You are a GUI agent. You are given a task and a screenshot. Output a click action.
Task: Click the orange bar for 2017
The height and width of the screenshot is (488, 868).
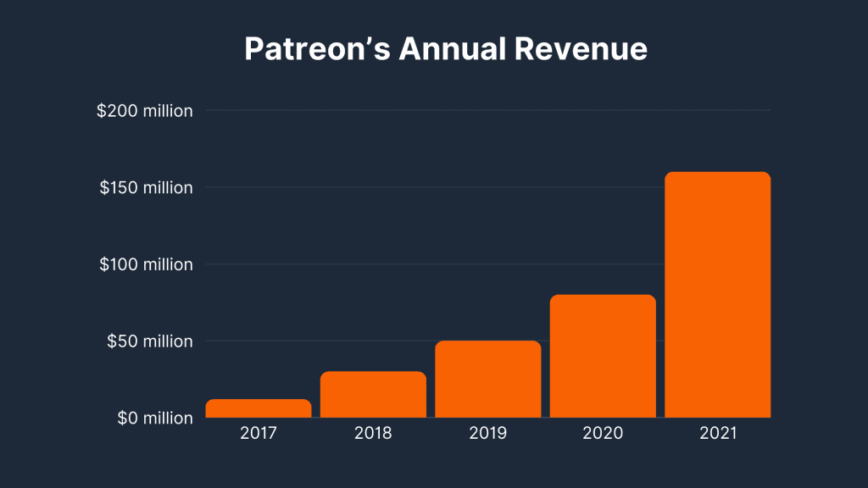click(259, 408)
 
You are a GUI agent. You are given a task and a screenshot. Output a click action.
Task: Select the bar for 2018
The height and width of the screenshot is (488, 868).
click(373, 395)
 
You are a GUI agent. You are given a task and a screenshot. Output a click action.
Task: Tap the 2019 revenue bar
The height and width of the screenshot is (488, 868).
click(487, 380)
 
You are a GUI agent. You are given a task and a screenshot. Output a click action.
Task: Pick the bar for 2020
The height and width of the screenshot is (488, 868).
click(603, 357)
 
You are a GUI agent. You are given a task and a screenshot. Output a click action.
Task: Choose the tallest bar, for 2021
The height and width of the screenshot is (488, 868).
click(717, 295)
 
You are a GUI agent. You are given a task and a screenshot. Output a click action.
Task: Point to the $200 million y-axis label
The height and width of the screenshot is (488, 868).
click(145, 111)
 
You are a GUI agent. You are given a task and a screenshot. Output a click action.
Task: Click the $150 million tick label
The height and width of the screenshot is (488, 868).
click(146, 187)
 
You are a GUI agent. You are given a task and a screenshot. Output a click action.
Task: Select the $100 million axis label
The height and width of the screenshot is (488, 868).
click(146, 264)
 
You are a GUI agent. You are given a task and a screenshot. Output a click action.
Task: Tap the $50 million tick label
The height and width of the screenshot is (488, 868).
click(149, 341)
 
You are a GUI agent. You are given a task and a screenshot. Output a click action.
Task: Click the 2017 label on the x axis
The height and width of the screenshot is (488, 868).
click(259, 434)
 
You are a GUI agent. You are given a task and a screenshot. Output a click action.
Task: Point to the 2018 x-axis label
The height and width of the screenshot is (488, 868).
click(373, 434)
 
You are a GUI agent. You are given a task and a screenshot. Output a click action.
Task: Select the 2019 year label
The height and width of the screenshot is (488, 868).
click(487, 434)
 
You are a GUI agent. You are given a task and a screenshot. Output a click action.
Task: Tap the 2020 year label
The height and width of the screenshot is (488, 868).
click(603, 434)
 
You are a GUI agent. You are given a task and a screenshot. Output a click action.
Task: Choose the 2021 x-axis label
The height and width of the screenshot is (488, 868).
click(717, 434)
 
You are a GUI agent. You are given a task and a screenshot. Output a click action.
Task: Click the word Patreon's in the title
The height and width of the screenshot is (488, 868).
click(317, 49)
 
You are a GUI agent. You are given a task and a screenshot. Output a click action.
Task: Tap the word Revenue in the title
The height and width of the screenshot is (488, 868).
click(581, 49)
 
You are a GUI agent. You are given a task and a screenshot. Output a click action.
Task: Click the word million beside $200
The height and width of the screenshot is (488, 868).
click(166, 111)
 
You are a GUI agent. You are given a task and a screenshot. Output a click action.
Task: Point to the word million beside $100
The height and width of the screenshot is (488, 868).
click(166, 264)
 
